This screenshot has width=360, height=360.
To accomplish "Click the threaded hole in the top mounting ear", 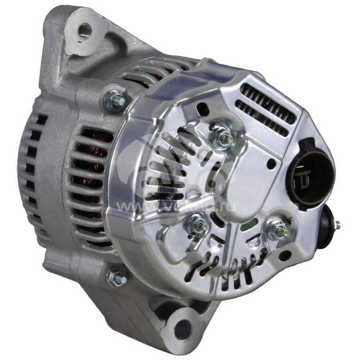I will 84,31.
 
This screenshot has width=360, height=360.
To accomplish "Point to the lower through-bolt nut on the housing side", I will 116,277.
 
